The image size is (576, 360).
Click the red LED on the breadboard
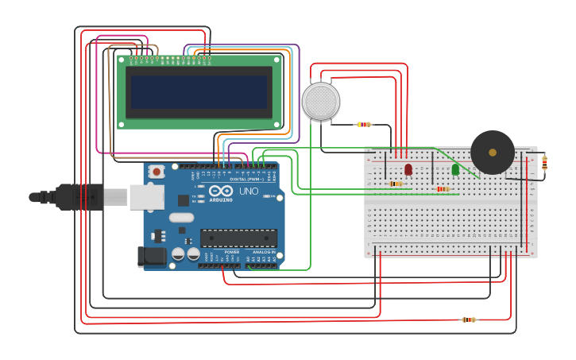pos(408,169)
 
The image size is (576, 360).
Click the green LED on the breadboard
pos(455,169)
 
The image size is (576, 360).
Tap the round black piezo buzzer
pos(493,152)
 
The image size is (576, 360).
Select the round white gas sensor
pos(321,101)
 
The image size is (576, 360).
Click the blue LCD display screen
pos(199,91)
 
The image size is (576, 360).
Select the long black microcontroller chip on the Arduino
pos(238,238)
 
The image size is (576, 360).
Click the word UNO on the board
pos(249,191)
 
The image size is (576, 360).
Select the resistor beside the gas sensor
pos(364,124)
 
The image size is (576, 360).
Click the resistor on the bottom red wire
pos(470,319)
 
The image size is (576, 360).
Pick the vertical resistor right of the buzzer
pos(544,163)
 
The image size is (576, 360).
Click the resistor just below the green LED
pos(443,189)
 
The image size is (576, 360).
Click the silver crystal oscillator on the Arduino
pos(181,217)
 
